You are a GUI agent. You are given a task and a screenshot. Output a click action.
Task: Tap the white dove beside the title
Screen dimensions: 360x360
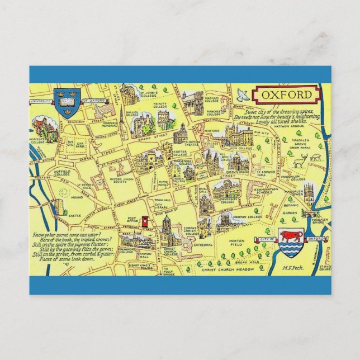(243, 93)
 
